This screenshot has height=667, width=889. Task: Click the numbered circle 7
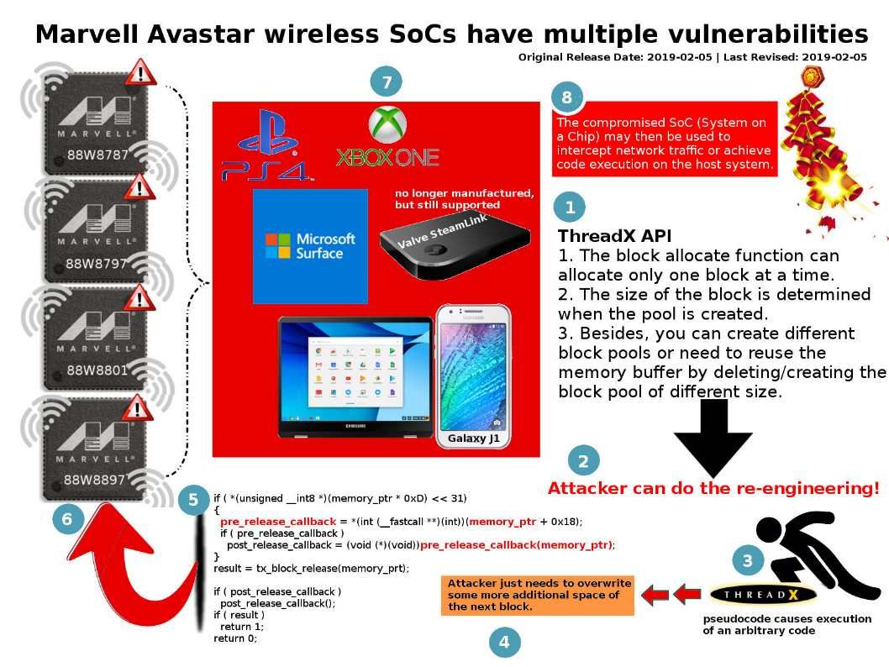point(387,81)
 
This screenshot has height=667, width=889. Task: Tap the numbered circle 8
point(567,97)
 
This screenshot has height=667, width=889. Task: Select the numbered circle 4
point(504,642)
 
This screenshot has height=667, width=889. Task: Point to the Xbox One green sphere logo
point(387,124)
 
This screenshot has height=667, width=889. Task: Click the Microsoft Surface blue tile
point(310,246)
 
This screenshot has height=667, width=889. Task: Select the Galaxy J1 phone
point(473,376)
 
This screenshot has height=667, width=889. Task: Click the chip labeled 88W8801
point(95,344)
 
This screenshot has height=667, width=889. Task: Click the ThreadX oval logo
point(762,595)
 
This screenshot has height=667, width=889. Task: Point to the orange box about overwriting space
point(538,595)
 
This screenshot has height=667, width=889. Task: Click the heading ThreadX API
point(614,236)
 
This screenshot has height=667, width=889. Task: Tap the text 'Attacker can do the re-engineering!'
point(713,489)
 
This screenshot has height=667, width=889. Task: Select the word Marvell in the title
point(87,34)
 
